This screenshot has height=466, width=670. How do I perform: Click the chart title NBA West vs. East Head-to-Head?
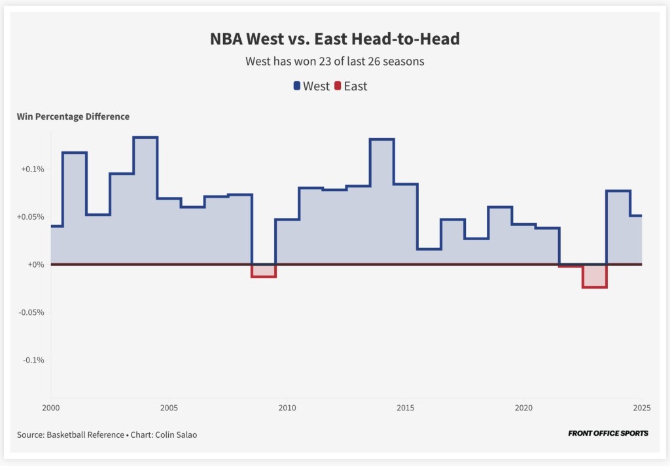pyautogui.click(x=334, y=39)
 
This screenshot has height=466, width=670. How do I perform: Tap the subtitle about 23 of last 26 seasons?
pyautogui.click(x=334, y=62)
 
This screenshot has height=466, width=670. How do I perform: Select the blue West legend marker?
pyautogui.click(x=297, y=86)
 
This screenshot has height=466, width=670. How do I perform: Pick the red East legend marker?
pyautogui.click(x=338, y=86)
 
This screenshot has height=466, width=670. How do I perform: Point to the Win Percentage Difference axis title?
pyautogui.click(x=73, y=116)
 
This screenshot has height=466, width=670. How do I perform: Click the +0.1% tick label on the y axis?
pyautogui.click(x=32, y=169)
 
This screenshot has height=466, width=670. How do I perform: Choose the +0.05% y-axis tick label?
pyautogui.click(x=30, y=217)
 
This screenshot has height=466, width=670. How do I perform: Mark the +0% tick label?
pyautogui.click(x=36, y=264)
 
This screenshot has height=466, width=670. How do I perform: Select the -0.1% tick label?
pyautogui.click(x=33, y=360)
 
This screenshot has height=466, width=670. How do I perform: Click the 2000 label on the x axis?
pyautogui.click(x=51, y=408)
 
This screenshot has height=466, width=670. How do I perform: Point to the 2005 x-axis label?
pyautogui.click(x=169, y=408)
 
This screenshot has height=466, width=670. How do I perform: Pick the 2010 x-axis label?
pyautogui.click(x=287, y=408)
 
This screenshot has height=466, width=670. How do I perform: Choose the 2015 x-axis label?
pyautogui.click(x=405, y=408)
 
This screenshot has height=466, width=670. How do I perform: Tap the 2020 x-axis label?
pyautogui.click(x=523, y=408)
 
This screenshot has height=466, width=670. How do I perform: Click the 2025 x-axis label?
pyautogui.click(x=641, y=408)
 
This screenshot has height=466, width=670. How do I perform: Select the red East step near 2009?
pyautogui.click(x=264, y=272)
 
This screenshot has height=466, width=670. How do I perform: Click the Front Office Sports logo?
pyautogui.click(x=608, y=433)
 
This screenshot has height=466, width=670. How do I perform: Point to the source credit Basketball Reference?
pyautogui.click(x=85, y=434)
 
